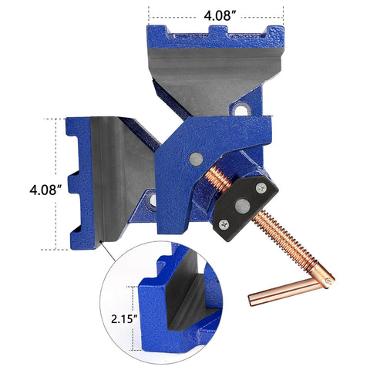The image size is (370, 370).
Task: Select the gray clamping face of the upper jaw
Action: click(216, 73)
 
